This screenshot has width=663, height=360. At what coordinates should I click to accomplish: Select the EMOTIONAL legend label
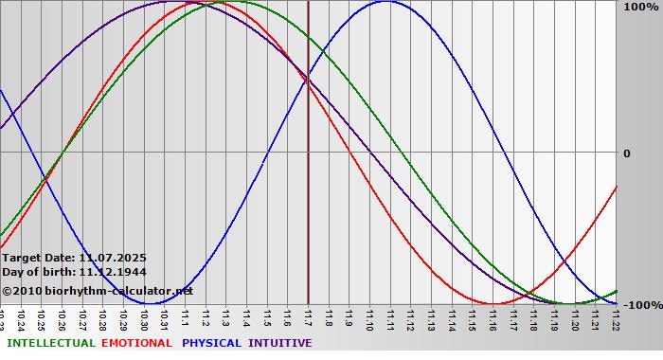click(136, 343)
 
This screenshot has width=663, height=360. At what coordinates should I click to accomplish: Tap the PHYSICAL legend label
click(213, 343)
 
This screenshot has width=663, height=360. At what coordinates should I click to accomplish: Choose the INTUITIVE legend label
click(279, 343)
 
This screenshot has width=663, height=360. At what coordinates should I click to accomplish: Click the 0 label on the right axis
click(627, 153)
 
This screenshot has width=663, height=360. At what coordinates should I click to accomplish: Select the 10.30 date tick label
click(144, 317)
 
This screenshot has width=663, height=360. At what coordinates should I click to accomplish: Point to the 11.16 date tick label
click(493, 317)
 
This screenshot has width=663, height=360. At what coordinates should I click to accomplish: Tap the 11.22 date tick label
click(616, 317)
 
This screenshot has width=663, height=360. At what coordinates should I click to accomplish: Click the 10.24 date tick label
click(21, 317)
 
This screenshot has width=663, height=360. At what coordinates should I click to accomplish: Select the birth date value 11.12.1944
click(113, 272)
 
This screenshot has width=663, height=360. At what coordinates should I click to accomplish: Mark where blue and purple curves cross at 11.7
click(308, 79)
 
